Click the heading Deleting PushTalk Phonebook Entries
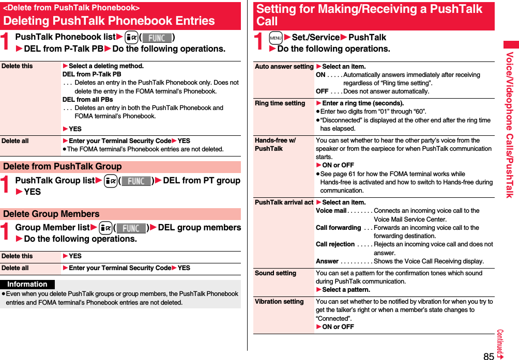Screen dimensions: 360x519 [x=109, y=21]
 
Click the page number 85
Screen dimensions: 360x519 [x=489, y=355]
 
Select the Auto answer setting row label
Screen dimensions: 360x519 [x=284, y=67]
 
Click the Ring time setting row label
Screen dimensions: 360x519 [x=280, y=103]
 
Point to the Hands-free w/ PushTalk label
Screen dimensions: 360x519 [x=276, y=145]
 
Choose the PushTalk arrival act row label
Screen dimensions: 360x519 [x=284, y=202]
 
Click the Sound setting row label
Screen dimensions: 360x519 [x=276, y=273]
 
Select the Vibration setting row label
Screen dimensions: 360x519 [x=279, y=302]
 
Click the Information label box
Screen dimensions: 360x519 [x=27, y=285]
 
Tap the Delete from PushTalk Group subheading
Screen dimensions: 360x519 [x=63, y=167]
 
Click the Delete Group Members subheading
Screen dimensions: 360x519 [x=51, y=214]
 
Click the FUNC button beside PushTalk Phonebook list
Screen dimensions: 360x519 [x=157, y=38]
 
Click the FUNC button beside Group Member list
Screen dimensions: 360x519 [x=131, y=228]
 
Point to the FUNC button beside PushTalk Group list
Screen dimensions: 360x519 [x=136, y=181]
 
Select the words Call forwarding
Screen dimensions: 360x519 [x=338, y=228]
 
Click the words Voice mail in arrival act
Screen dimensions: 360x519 [x=331, y=211]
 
